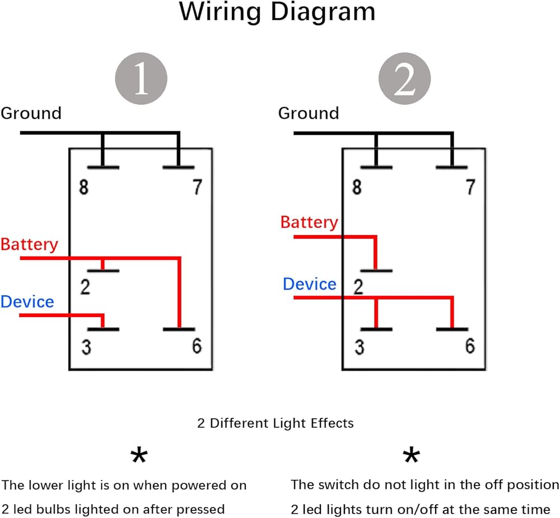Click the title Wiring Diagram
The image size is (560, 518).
tap(277, 13)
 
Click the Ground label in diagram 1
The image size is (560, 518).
tap(31, 113)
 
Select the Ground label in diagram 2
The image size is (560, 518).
tap(309, 113)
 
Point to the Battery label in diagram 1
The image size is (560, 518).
tap(29, 245)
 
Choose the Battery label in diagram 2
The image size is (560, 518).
tap(309, 222)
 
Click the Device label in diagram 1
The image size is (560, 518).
tap(27, 302)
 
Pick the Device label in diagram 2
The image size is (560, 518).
tap(309, 284)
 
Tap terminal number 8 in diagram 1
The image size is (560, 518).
tap(83, 187)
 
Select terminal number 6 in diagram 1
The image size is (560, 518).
tap(196, 347)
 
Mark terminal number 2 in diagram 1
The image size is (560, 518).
tap(85, 287)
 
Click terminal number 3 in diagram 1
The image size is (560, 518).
tap(86, 348)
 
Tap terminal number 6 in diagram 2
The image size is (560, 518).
tap(469, 347)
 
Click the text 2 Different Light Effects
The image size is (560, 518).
tap(276, 423)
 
